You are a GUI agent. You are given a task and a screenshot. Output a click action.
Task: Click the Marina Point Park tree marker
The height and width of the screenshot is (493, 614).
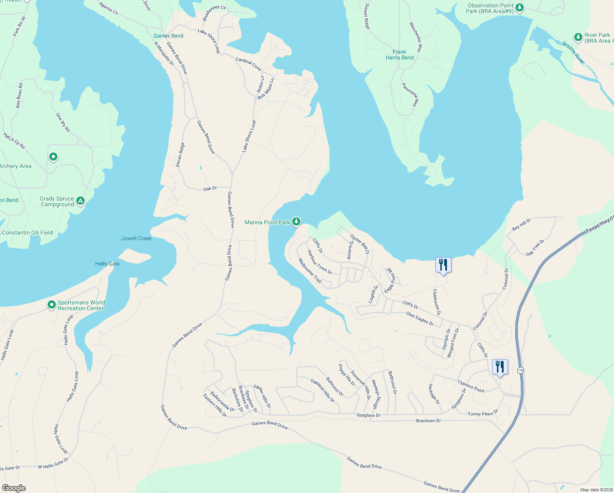[296, 221]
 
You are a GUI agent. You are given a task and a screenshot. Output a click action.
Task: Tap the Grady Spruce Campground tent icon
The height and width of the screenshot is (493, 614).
[80, 201]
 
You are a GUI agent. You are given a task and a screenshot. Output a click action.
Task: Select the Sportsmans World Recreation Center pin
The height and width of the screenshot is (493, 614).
[51, 305]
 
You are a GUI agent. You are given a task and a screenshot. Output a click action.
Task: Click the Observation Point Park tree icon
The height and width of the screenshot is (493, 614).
[519, 7]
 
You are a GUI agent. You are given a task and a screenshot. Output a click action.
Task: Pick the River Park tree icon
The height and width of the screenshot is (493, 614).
[578, 37]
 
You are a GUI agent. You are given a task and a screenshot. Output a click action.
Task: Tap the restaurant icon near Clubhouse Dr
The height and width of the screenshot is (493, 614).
[443, 265]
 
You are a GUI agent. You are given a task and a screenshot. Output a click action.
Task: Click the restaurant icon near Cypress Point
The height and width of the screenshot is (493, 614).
[499, 367]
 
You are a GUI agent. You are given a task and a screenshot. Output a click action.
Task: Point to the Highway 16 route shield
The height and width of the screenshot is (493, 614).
[520, 370]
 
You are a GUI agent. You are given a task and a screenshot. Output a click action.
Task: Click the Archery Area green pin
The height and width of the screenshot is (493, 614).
[53, 157]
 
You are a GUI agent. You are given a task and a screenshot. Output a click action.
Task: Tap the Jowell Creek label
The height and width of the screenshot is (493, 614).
[136, 238]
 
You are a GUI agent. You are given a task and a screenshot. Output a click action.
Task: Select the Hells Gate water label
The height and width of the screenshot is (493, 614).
[108, 264]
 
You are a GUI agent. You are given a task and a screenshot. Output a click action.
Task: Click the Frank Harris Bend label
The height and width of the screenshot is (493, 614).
[399, 55]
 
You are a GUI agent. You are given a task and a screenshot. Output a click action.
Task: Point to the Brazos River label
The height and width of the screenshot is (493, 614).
[573, 53]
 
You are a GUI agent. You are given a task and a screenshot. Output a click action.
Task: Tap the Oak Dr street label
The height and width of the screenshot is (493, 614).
[210, 189]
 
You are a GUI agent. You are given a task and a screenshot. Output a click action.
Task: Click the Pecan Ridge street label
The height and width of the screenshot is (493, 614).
[180, 154]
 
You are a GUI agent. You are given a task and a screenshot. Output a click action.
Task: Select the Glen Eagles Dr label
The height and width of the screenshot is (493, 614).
[419, 319]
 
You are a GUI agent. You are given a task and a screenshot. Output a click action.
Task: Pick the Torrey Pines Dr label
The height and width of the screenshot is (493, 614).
[483, 413]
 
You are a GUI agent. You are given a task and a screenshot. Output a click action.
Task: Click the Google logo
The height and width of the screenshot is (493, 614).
[14, 488]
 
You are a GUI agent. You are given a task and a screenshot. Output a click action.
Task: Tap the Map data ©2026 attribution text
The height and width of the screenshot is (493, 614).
[596, 490]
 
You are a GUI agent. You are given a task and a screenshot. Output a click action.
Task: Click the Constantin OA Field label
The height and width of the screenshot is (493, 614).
[27, 233]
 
